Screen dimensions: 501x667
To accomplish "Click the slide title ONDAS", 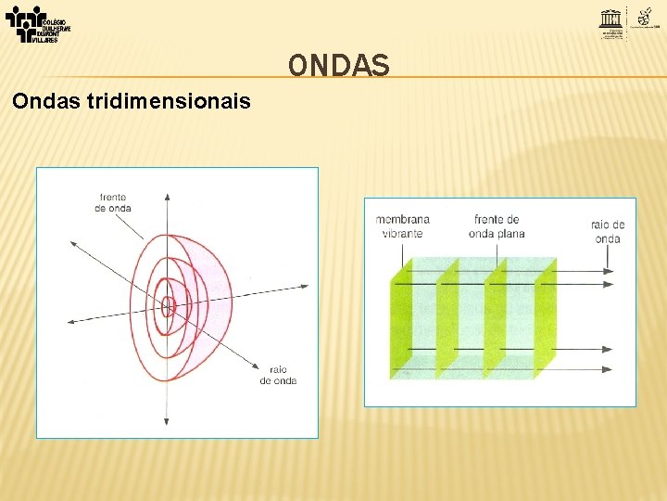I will [338, 65].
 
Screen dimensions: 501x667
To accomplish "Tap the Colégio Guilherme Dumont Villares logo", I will [37, 24].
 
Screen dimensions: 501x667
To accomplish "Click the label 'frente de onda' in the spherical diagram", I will [112, 202].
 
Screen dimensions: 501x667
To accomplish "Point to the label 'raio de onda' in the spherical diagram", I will [278, 375].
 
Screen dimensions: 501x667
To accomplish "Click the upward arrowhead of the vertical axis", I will [167, 197].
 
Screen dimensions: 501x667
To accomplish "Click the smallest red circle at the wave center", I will [168, 305].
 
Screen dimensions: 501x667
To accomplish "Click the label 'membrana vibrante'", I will [402, 226].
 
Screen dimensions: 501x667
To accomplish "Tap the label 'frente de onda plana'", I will [498, 226].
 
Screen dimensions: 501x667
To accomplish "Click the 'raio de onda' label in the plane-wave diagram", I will [607, 232].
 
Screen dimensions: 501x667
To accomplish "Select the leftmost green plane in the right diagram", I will [400, 320].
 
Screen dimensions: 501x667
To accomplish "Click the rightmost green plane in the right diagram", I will [545, 320].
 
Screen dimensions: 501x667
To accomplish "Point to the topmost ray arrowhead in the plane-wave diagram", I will [607, 271].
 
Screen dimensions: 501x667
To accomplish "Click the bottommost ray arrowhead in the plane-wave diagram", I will [607, 368].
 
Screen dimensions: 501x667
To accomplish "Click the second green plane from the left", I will [448, 320].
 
